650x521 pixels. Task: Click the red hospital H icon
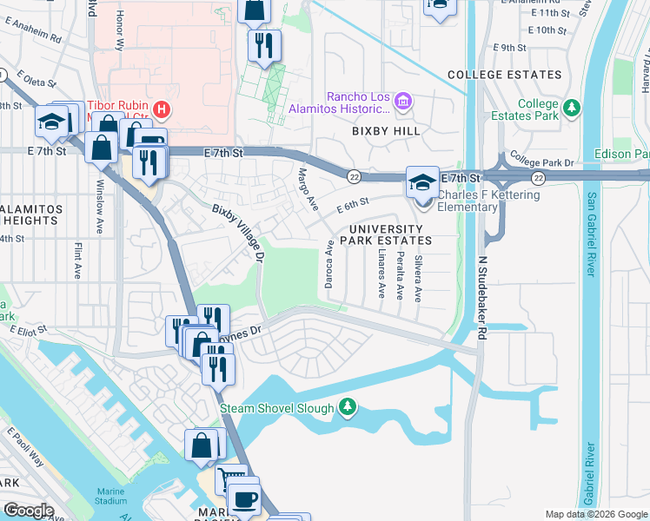point(161,109)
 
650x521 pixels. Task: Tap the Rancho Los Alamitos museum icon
point(402,102)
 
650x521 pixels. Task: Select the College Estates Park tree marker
point(571,109)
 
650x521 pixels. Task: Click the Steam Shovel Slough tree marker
point(348,407)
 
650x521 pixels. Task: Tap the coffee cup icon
point(243,499)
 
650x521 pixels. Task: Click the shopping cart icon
point(230,479)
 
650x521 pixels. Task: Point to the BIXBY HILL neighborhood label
point(386,131)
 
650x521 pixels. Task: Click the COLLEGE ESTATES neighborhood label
point(504,76)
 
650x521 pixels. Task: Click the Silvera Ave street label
point(418,277)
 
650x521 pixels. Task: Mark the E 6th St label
point(353,205)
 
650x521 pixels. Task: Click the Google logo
point(29,510)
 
